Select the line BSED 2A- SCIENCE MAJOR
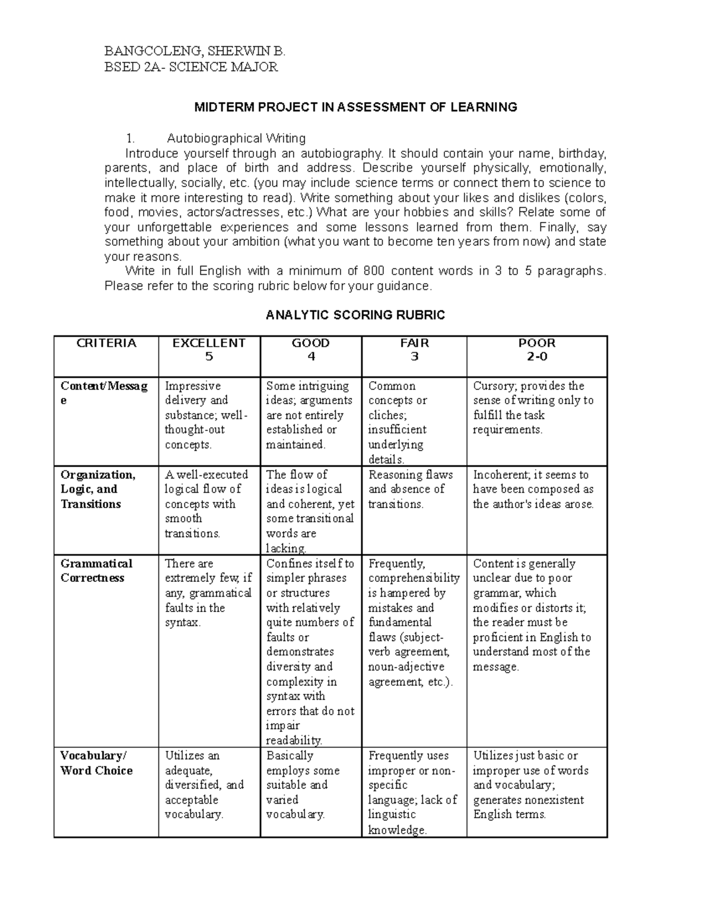click(191, 66)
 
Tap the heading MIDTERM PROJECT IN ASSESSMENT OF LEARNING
click(356, 107)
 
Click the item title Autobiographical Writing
click(236, 138)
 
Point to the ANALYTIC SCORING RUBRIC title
click(355, 315)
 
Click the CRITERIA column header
click(107, 343)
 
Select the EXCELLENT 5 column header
click(209, 350)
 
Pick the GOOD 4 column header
click(311, 350)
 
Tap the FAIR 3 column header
click(415, 350)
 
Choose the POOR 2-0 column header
click(537, 350)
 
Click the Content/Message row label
click(104, 393)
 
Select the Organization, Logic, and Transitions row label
click(98, 489)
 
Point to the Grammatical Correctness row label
click(96, 571)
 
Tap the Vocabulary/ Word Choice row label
click(96, 763)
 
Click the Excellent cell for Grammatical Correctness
click(208, 593)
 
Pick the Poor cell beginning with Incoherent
click(533, 489)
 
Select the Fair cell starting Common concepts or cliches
click(398, 422)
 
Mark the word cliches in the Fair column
click(387, 415)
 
